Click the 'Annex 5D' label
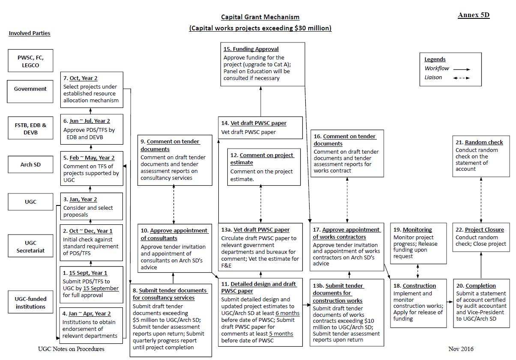[x=474, y=15]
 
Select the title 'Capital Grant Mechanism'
[x=260, y=17]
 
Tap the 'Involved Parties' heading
[x=30, y=33]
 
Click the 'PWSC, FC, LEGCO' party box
[x=30, y=61]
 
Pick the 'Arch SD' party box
[x=30, y=164]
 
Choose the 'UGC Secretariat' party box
[x=30, y=246]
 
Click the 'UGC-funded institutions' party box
[x=30, y=302]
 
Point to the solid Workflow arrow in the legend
[x=462, y=69]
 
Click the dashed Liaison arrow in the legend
[x=462, y=78]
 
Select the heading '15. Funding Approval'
[x=251, y=49]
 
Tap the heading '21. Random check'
[x=479, y=143]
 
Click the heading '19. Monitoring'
[x=412, y=229]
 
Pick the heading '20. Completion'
[x=476, y=286]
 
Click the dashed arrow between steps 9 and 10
[x=174, y=204]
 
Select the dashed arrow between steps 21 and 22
[x=481, y=200]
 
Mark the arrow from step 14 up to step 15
[x=261, y=101]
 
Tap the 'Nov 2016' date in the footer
[x=461, y=349]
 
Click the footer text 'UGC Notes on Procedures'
[x=71, y=349]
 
